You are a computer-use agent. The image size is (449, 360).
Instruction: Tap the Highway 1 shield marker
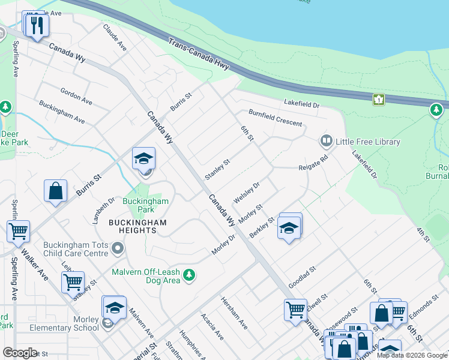378,99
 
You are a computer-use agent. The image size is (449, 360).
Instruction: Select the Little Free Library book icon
326,142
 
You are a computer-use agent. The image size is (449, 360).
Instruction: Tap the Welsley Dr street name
246,193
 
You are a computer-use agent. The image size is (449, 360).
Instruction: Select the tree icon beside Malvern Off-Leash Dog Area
189,275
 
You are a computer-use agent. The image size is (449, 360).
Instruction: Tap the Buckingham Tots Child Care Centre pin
118,248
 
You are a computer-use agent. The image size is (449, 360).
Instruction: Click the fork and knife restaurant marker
37,25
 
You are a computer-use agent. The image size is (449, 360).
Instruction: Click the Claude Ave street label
115,37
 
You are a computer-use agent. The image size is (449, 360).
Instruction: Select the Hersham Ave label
234,313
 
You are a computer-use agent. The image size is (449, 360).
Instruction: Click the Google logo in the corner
20,353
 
